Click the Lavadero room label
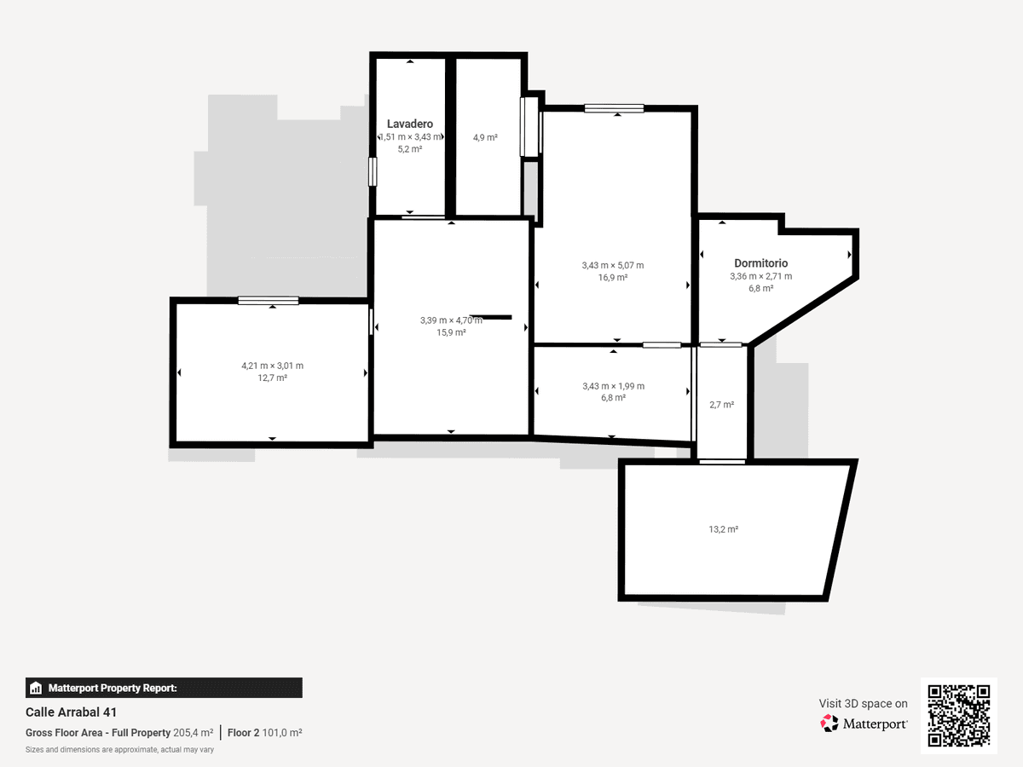coord(410,124)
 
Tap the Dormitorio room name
coord(760,263)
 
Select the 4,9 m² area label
coord(485,137)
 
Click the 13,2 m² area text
coord(723,529)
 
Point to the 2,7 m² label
coord(721,405)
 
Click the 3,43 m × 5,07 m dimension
coord(612,265)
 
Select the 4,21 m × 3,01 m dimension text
coord(272,366)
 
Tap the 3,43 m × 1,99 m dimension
coord(613,386)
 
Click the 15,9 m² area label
coord(451,332)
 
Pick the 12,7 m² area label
coord(272,378)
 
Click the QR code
coord(959,715)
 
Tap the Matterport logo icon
coord(829,724)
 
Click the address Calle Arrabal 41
coord(71,712)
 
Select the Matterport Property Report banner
coord(164,688)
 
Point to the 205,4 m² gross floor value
coord(193,733)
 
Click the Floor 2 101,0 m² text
coord(265,733)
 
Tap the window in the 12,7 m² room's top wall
coord(268,301)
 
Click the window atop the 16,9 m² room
coord(614,108)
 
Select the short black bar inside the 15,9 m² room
coord(490,317)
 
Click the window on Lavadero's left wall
coord(373,172)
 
